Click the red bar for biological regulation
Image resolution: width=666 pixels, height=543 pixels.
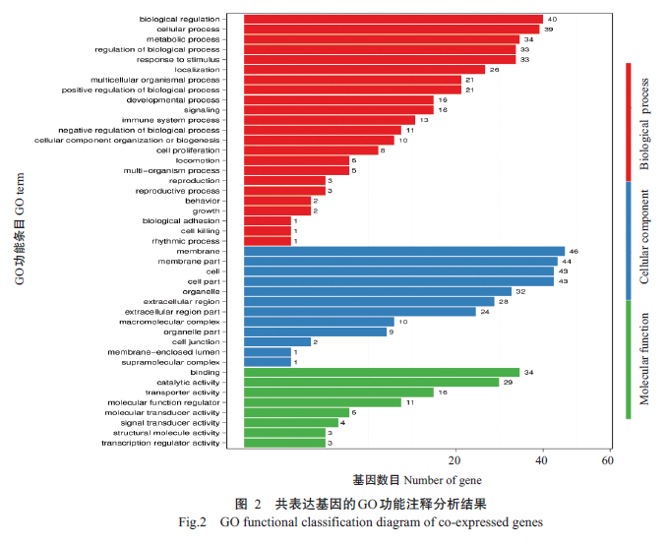tap(393, 19)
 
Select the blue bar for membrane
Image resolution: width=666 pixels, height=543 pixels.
tap(403, 251)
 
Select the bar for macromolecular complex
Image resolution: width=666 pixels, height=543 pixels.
tap(318, 322)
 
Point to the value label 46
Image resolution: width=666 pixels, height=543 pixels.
tap(574, 251)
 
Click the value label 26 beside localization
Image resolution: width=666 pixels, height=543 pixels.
tap(494, 70)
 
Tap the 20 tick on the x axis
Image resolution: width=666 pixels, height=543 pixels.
tap(454, 461)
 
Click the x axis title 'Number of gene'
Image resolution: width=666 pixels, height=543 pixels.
tap(443, 480)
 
